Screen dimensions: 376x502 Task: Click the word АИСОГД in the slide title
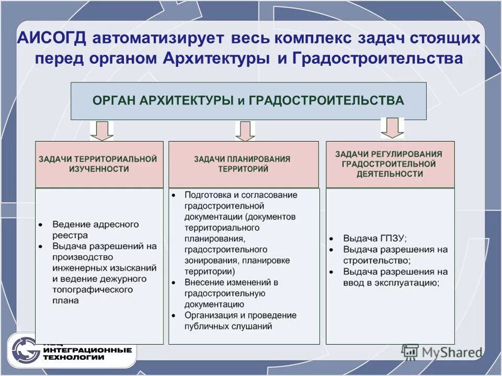pos(52,39)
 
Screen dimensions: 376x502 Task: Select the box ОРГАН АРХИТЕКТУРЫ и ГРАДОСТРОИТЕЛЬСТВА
pos(248,101)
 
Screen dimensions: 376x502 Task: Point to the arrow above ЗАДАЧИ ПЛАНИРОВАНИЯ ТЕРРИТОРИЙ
pos(245,131)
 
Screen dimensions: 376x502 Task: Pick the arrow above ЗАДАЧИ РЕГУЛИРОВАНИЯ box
pos(392,127)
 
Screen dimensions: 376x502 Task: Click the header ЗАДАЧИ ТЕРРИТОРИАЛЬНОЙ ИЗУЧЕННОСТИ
pos(98,164)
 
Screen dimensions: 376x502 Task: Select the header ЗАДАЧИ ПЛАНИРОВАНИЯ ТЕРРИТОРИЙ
pos(243,164)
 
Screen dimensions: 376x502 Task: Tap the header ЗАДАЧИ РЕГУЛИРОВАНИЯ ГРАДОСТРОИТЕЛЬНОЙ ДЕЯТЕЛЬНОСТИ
pos(389,164)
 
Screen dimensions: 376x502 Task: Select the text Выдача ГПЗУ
pos(374,238)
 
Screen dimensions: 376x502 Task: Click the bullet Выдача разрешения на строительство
pos(395,255)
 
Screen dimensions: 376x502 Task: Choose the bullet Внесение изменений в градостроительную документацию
pos(230,293)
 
